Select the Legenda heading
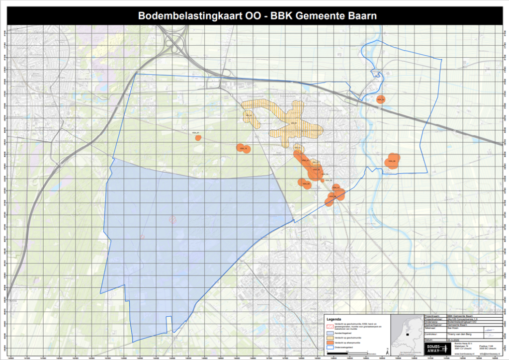coord(334,318)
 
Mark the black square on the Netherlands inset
coord(408,334)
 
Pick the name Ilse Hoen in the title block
coord(453,328)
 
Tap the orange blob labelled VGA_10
coord(244,148)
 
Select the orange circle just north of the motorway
coord(381,99)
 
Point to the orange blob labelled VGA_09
coord(393,161)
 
